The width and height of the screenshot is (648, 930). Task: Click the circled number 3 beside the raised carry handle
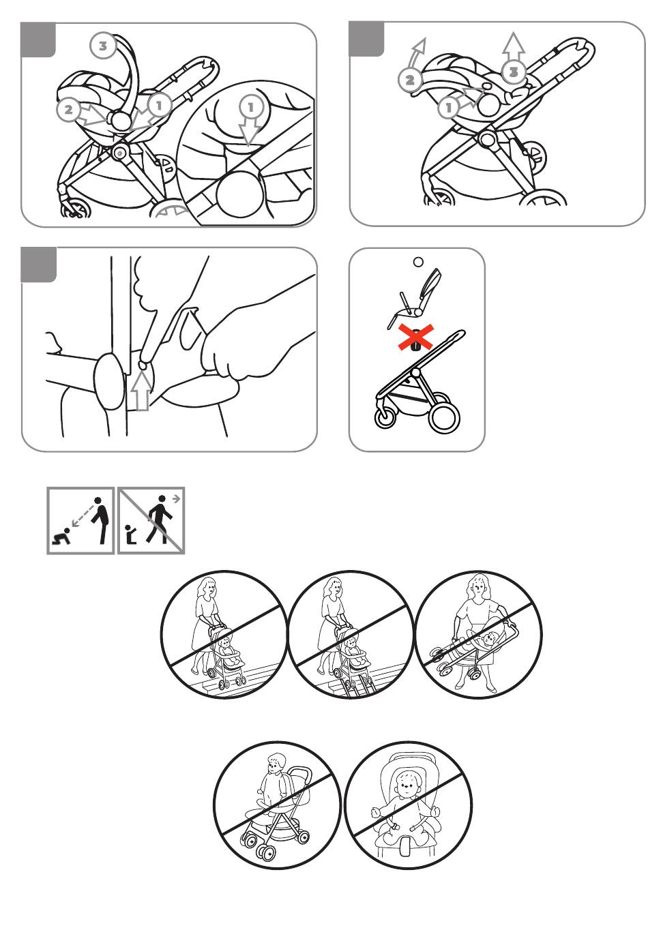pos(102,46)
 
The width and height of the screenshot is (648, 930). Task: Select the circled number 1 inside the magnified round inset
pos(250,108)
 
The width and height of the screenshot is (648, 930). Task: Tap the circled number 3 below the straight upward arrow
pos(514,72)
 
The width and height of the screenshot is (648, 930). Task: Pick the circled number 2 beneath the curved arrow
pos(409,80)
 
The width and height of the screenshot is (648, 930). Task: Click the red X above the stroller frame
pos(416,337)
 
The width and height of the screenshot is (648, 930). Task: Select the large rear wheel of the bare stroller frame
pos(444,417)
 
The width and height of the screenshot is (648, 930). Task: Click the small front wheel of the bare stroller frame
pos(385,418)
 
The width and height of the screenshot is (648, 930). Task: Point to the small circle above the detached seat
pos(418,262)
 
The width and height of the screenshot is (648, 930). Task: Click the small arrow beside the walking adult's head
pos(177,498)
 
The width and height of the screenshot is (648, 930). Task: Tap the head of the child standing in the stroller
pos(276,764)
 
